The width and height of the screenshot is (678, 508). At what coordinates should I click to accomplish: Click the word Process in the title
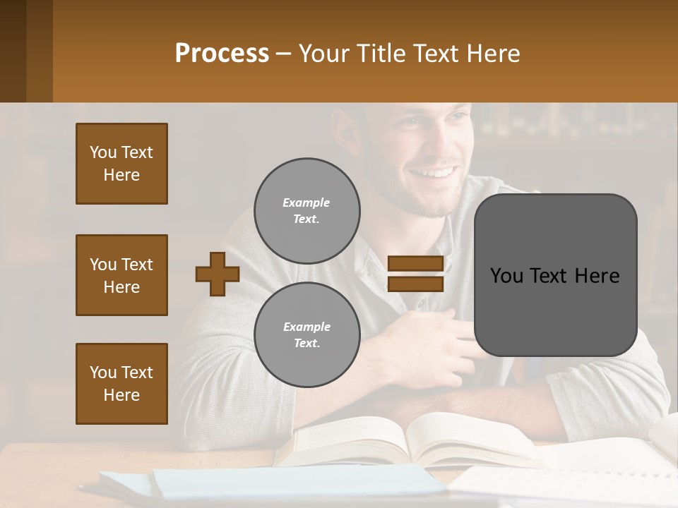pos(222,54)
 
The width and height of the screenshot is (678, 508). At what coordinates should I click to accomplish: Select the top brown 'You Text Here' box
pos(121,164)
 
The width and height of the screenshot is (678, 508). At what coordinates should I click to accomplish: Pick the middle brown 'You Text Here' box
pos(121,275)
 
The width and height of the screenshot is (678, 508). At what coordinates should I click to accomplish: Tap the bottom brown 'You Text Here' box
pos(121,383)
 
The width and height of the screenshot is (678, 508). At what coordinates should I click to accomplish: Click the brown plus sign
pos(217,274)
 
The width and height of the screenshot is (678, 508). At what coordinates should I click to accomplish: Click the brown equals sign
pos(415,274)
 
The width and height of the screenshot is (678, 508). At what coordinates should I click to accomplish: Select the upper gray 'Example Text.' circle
pos(307,210)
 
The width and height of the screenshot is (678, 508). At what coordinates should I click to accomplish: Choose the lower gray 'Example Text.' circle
pos(307,334)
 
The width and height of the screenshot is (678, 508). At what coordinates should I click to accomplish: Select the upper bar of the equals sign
pos(415,264)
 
